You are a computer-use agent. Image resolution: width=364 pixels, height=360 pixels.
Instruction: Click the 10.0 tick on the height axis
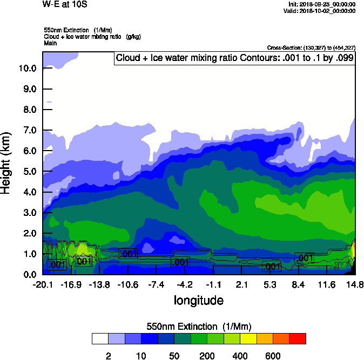pyautogui.click(x=28, y=69)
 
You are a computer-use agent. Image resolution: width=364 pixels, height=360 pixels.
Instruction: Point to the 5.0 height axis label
pyautogui.click(x=28, y=172)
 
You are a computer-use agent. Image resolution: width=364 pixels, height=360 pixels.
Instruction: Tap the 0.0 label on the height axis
pyautogui.click(x=28, y=275)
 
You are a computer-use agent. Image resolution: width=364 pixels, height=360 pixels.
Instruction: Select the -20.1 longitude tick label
pyautogui.click(x=43, y=285)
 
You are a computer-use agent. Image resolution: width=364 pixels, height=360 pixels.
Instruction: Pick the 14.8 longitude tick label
pyautogui.click(x=355, y=285)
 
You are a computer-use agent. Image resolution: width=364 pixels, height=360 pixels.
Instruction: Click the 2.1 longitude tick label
pyautogui.click(x=241, y=285)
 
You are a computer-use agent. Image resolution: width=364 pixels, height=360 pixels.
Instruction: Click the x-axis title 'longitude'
pyautogui.click(x=198, y=300)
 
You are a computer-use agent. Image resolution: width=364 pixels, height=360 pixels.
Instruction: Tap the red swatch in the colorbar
pyautogui.click(x=297, y=339)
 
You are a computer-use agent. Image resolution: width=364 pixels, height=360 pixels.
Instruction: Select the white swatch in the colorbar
pyautogui.click(x=100, y=339)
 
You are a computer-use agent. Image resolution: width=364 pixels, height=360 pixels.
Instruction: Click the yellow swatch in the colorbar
pyautogui.click(x=248, y=339)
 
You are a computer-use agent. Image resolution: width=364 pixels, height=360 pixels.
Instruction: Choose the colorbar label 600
pyautogui.click(x=273, y=356)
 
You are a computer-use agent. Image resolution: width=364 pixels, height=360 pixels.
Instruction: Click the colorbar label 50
pyautogui.click(x=174, y=356)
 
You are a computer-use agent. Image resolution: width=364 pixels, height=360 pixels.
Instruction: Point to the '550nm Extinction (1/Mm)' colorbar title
pyautogui.click(x=199, y=327)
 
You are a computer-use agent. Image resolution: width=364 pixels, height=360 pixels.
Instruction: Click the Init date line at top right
pyautogui.click(x=322, y=4)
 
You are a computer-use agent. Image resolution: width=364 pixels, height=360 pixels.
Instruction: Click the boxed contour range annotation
pyautogui.click(x=234, y=58)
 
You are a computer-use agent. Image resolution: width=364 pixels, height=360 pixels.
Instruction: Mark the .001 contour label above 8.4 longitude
pyautogui.click(x=305, y=258)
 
